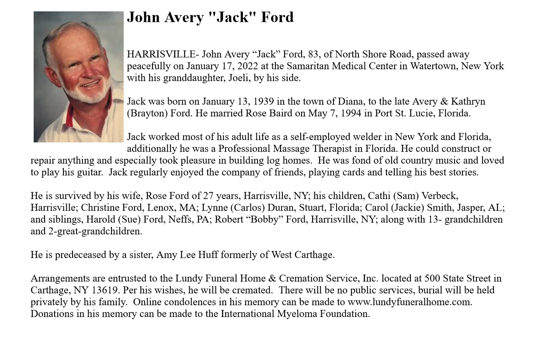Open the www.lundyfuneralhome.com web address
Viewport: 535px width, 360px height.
(x=409, y=302)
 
